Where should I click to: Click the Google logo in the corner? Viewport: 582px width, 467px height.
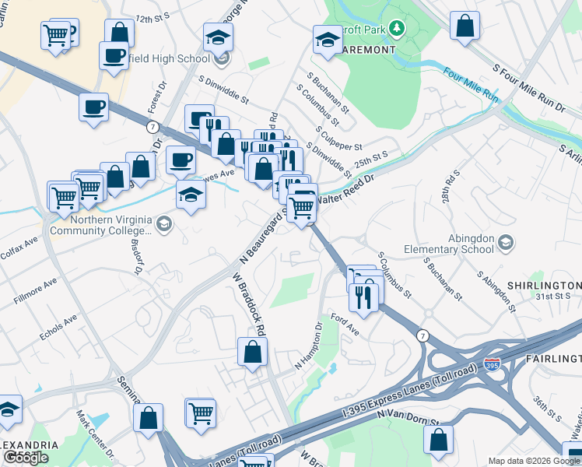pos(26,458)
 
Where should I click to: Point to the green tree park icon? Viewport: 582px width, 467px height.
pos(397,29)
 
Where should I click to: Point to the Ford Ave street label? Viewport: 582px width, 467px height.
pos(344,323)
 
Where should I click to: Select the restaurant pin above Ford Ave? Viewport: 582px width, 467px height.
pos(363,295)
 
